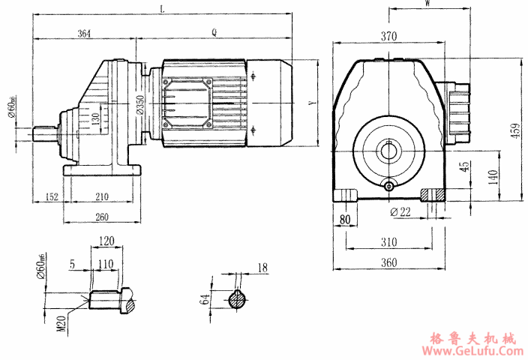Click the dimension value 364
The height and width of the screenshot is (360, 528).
pos(84,33)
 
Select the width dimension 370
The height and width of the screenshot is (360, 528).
pos(388,36)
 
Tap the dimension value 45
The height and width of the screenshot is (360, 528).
pos(464,165)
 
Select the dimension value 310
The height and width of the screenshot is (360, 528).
pos(388,243)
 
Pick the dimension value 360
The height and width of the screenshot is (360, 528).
pos(388,263)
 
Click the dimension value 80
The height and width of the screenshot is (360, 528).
pos(344,220)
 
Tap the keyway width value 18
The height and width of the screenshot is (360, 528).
pos(262,267)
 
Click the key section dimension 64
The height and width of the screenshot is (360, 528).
pos(205,300)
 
